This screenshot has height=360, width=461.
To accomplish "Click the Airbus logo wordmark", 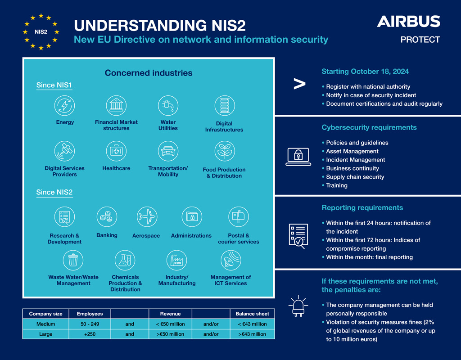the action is [x=408, y=22].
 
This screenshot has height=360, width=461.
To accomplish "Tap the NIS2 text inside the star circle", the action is [x=41, y=32].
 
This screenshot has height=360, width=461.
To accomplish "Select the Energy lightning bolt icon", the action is [x=65, y=105].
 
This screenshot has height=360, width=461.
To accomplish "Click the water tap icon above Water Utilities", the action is [x=168, y=105].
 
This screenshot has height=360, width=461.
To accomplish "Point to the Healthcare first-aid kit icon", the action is [x=117, y=151].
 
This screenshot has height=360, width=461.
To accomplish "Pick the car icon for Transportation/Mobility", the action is [x=168, y=151].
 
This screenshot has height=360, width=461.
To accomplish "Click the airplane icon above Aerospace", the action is [x=147, y=217].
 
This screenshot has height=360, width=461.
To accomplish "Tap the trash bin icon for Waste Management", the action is [x=73, y=261].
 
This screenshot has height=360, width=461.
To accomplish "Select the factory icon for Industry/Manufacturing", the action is [x=176, y=261].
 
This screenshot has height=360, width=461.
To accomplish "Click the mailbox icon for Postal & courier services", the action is [x=239, y=217].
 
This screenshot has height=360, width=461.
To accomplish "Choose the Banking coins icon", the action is [x=107, y=217].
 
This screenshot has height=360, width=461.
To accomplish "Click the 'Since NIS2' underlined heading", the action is [x=54, y=193].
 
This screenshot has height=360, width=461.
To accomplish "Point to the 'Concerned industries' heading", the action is [x=149, y=73].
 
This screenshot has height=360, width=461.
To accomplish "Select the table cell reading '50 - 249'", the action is [x=90, y=324].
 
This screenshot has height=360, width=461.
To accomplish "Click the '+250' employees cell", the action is [x=90, y=334].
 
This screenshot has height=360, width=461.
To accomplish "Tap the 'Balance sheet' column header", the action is [x=252, y=314].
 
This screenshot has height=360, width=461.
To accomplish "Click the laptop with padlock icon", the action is [x=298, y=157].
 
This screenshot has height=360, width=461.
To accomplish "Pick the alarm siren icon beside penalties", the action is [x=298, y=306].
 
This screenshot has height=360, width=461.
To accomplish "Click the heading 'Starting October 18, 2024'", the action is [x=365, y=72].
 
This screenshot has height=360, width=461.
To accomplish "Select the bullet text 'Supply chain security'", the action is [x=355, y=177].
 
